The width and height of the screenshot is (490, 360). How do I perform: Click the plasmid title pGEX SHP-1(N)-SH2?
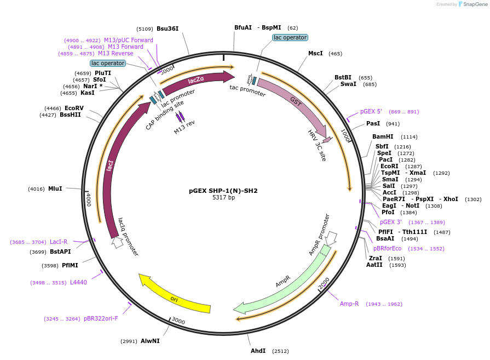(223, 191)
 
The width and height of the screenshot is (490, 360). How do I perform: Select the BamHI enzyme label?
(383, 137)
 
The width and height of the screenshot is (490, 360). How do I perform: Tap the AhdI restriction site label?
(258, 351)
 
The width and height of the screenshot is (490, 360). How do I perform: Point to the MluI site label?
(55, 189)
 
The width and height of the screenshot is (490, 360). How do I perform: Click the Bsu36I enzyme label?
(168, 28)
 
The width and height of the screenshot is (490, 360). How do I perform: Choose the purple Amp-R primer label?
(349, 304)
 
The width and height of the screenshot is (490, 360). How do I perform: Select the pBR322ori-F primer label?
(101, 318)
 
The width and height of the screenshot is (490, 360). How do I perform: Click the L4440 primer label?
(78, 282)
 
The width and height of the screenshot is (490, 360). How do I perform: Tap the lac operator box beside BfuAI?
(290, 37)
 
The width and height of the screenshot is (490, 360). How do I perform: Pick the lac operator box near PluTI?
(108, 63)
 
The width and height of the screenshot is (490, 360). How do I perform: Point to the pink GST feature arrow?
(293, 104)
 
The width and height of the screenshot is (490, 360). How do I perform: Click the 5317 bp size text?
(223, 198)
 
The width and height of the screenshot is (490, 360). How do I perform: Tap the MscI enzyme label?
(315, 53)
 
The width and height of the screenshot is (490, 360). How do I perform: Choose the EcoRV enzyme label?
(74, 108)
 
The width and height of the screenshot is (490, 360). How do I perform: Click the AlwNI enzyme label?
(150, 341)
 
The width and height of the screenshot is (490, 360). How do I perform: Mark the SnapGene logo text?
(472, 4)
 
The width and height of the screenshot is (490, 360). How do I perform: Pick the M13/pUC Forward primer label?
(129, 40)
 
